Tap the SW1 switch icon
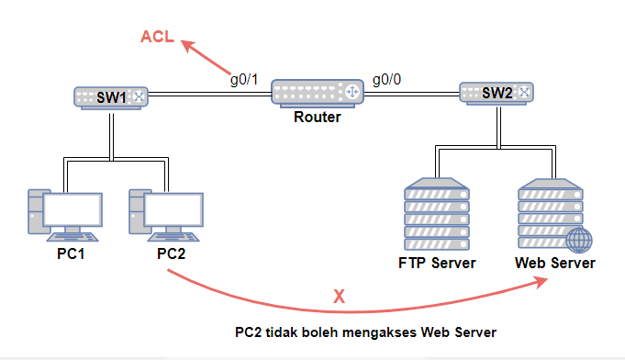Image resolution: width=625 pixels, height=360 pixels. pyautogui.click(x=110, y=96)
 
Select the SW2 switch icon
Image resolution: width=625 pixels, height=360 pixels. pyautogui.click(x=497, y=93)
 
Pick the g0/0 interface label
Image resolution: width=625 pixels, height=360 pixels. pyautogui.click(x=387, y=79)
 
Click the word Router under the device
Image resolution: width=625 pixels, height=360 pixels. pyautogui.click(x=318, y=118)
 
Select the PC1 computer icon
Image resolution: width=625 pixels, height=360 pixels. pyautogui.click(x=64, y=213)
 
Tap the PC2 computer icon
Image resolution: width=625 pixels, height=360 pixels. pyautogui.click(x=165, y=213)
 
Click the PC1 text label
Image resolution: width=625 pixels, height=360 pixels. pyautogui.click(x=70, y=253)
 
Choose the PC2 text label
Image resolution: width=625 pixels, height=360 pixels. pyautogui.click(x=171, y=253)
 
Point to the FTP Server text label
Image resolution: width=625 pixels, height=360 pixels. pyautogui.click(x=437, y=264)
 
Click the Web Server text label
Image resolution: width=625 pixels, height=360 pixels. pyautogui.click(x=554, y=264)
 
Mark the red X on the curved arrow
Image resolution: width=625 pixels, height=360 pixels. pyautogui.click(x=339, y=296)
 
